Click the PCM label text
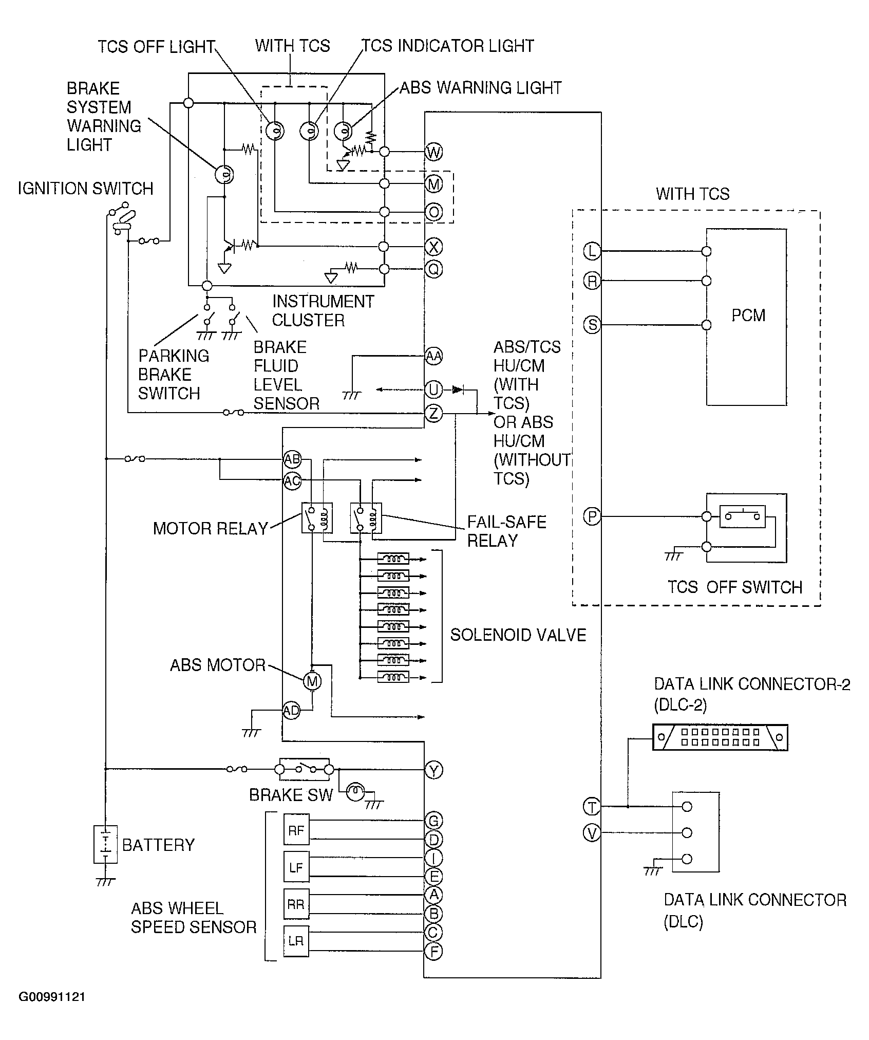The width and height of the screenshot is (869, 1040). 748,315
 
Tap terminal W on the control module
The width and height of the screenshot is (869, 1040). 434,152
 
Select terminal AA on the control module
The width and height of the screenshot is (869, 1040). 434,356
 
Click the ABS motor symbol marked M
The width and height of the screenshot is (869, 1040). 312,681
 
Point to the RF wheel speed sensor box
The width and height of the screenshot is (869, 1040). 296,829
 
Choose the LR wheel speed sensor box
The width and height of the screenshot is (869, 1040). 296,941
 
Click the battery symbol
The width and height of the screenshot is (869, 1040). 105,844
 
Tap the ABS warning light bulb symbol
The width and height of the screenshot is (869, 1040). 343,132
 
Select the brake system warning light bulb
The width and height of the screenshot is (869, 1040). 224,175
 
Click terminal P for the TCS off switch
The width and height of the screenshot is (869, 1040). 592,516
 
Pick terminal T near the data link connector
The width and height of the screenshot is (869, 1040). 592,807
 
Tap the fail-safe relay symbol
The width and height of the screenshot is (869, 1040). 366,518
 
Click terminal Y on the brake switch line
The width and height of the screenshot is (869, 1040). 434,770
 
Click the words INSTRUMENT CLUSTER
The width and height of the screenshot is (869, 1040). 323,310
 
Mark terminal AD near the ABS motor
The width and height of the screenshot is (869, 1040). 291,711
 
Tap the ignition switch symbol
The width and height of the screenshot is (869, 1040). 122,219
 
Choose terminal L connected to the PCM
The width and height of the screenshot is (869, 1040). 592,251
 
